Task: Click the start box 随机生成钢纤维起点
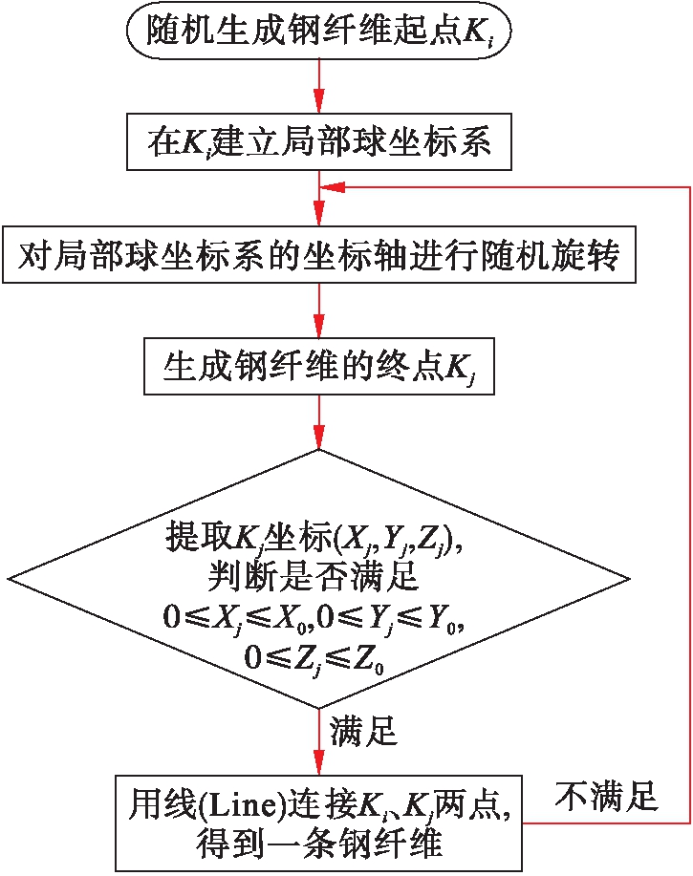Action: coord(318,33)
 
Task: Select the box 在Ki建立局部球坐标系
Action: coord(318,143)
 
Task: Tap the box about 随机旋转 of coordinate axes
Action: coord(318,255)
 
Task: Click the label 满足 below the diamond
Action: coord(364,733)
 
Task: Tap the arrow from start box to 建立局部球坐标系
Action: coord(318,91)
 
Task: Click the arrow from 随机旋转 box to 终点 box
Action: coord(318,310)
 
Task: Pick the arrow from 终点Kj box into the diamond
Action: coord(318,420)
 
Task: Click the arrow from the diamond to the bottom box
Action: coord(318,740)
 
